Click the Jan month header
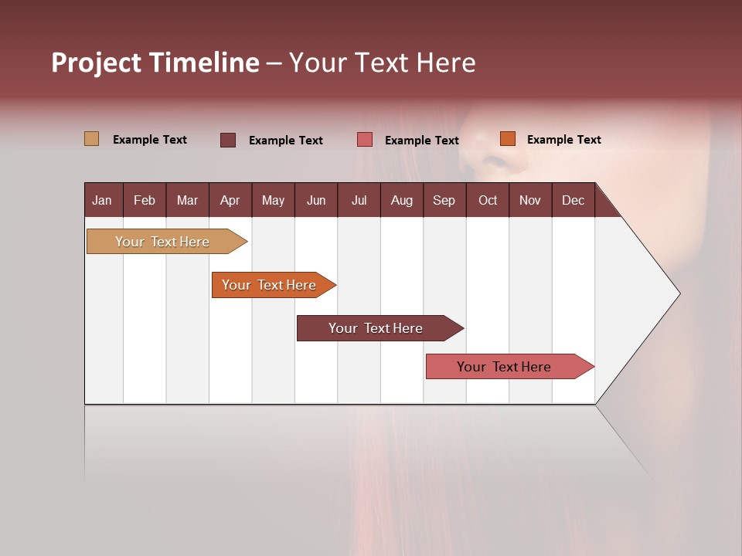[x=102, y=200]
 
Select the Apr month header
[x=230, y=200]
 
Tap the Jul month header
[x=359, y=200]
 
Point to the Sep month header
[x=444, y=200]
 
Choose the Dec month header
[x=573, y=200]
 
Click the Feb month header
[x=145, y=200]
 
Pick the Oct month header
[x=488, y=200]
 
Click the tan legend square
[x=92, y=139]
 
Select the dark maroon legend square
[x=228, y=140]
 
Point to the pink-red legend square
[x=365, y=139]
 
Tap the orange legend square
[x=507, y=139]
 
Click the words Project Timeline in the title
[x=155, y=63]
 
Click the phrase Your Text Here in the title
[x=382, y=63]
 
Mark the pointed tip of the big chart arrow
[x=679, y=293]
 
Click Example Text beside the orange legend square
[x=563, y=140]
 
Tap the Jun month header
[x=316, y=200]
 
